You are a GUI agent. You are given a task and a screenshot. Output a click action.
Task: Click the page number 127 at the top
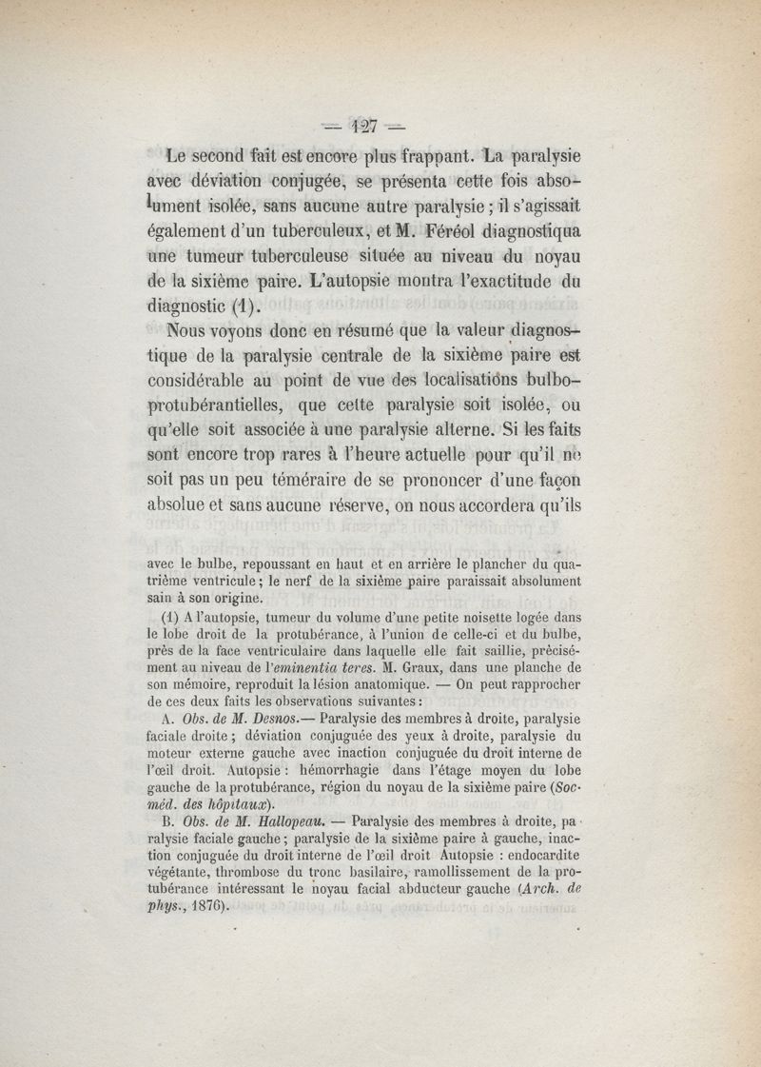point(364,123)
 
